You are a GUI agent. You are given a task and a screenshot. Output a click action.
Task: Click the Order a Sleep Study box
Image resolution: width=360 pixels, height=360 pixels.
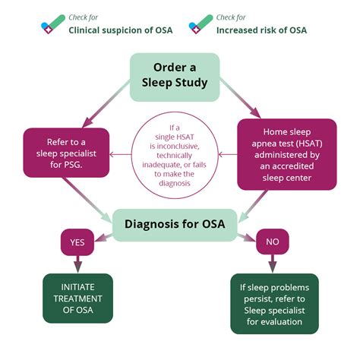[x=175, y=77]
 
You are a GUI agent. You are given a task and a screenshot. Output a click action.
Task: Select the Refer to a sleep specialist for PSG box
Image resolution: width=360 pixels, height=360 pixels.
[x=66, y=153]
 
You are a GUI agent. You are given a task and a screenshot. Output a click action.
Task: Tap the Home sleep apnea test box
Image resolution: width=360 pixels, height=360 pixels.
[x=287, y=154]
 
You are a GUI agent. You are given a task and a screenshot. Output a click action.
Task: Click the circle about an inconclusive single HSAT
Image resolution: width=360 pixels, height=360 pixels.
[x=175, y=155]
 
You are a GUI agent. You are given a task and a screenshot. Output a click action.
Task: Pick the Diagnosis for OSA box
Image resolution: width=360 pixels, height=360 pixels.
[x=175, y=225]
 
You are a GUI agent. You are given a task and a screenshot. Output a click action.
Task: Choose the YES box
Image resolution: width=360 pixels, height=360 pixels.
[x=77, y=242]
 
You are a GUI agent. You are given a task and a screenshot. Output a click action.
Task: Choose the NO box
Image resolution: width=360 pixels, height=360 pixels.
[x=273, y=242]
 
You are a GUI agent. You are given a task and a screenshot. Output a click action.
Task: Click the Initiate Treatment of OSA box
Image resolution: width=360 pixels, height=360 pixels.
[x=77, y=298]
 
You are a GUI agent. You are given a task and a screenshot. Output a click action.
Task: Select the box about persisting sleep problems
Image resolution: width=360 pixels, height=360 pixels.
[x=274, y=304]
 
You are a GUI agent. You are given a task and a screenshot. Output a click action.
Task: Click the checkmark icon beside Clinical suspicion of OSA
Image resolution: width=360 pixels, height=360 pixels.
[x=53, y=24]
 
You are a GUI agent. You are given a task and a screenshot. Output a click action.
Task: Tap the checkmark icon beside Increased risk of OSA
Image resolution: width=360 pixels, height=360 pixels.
[x=201, y=24]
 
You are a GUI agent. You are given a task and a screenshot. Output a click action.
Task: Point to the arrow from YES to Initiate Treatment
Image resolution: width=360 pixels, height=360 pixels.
[x=77, y=264]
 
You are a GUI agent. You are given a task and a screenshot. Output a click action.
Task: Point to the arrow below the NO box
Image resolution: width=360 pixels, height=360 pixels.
[x=273, y=264]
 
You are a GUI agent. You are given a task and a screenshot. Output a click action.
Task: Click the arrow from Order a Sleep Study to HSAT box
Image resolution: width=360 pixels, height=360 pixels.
[x=240, y=98]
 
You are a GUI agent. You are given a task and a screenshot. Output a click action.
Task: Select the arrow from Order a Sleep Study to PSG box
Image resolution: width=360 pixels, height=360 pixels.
[x=106, y=104]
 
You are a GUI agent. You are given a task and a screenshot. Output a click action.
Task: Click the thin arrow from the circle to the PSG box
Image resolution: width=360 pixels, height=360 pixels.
[x=121, y=154]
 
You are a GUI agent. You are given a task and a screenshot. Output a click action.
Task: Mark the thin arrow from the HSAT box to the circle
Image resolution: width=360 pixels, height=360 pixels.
[x=228, y=154]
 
